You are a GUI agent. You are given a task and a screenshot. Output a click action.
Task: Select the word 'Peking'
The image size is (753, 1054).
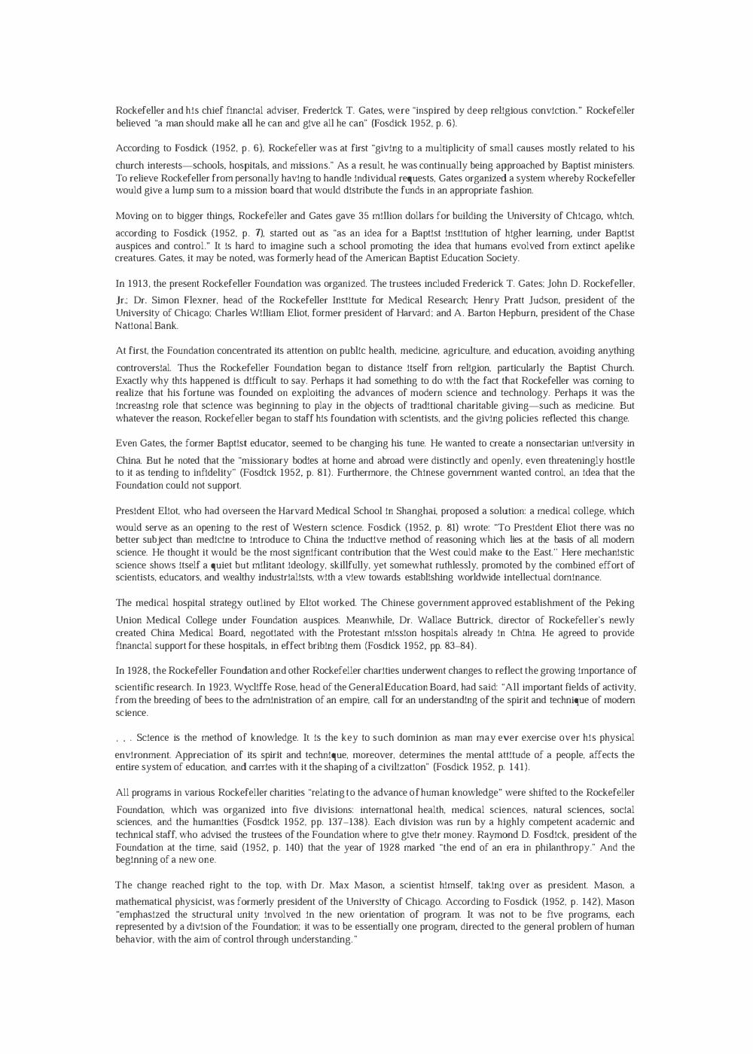click(x=619, y=603)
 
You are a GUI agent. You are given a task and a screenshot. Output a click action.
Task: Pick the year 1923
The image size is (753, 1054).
click(x=181, y=687)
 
